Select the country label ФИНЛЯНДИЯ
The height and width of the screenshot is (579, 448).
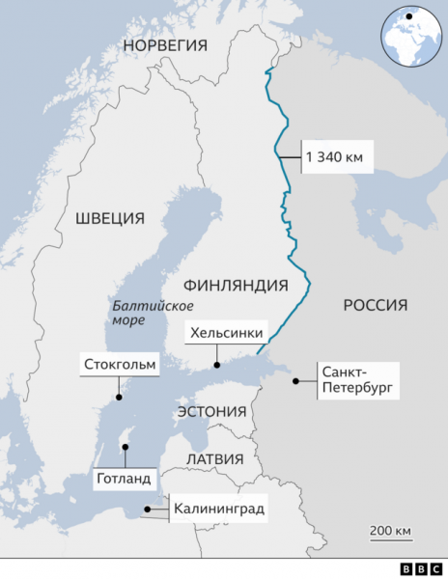pos(236,286)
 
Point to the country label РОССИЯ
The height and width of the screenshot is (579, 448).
pos(375,305)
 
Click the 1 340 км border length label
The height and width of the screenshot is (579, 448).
pos(338,157)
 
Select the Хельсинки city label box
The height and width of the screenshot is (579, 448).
pos(226,334)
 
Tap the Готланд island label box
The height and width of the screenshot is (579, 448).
pos(123,478)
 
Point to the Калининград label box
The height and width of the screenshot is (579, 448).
pos(218,508)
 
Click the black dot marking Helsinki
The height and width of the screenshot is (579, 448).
pos(217,366)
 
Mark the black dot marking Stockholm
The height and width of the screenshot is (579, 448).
pos(119,397)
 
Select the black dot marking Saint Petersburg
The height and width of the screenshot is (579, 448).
pos(294,381)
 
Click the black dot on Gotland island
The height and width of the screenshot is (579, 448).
pos(124,447)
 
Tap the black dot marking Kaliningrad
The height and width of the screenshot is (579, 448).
pos(146,509)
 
